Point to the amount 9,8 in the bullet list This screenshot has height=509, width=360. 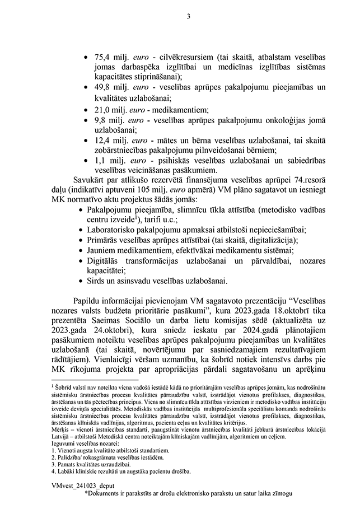point(101,120)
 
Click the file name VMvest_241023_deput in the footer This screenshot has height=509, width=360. point(80,486)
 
